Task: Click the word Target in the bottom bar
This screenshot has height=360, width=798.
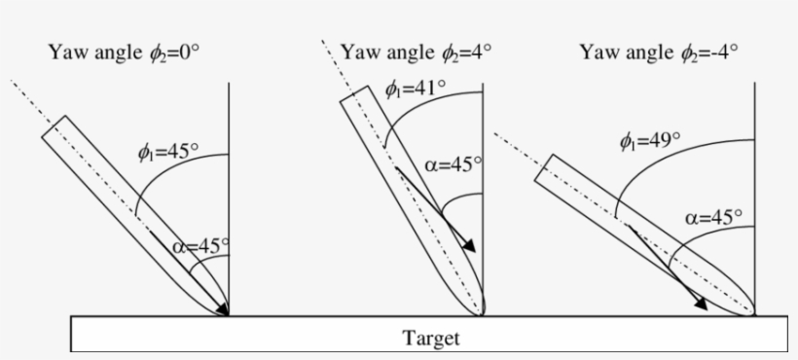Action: click(430, 339)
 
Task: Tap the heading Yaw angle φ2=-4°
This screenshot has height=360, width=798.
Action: click(659, 51)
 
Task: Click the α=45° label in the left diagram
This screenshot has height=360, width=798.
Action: click(200, 246)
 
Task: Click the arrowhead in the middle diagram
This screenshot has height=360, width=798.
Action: click(470, 245)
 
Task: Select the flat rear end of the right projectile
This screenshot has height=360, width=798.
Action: click(545, 168)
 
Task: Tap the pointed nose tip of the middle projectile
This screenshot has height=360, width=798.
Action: click(481, 314)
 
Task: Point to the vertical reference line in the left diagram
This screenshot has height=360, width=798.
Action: click(229, 175)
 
